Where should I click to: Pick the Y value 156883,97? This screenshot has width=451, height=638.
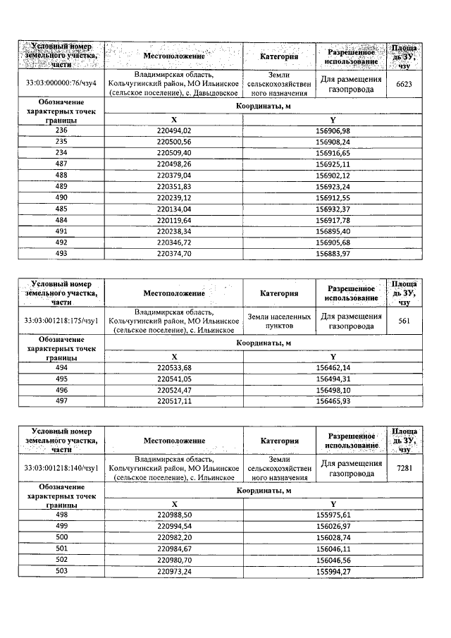click(x=333, y=253)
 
